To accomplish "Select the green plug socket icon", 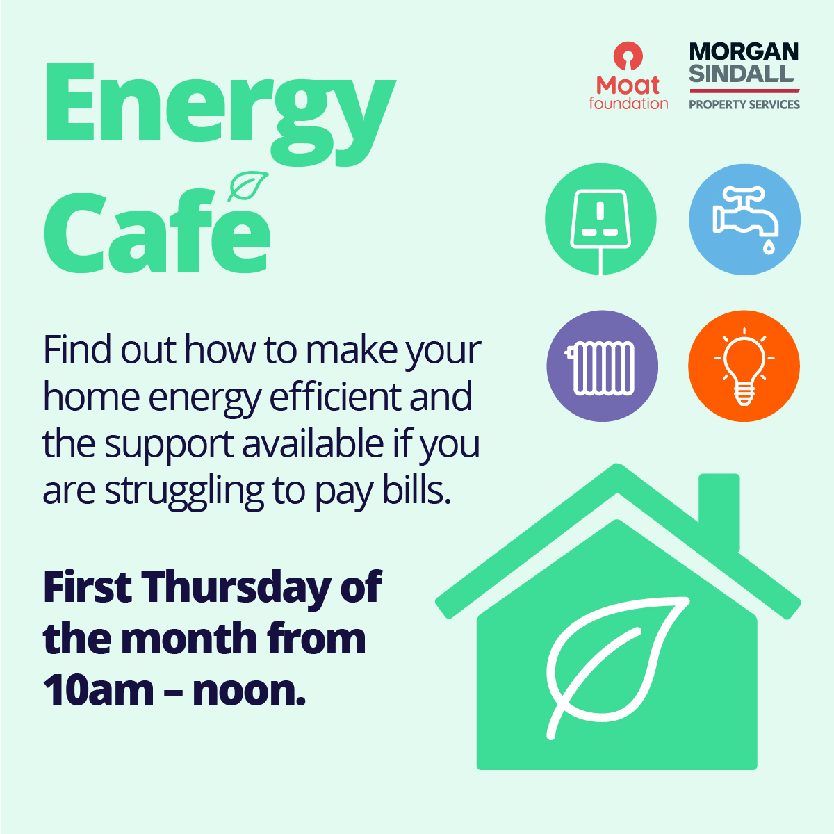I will click(x=600, y=220).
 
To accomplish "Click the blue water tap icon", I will click(x=744, y=220).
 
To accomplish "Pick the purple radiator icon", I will click(x=601, y=366).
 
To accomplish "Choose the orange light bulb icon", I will click(x=744, y=366).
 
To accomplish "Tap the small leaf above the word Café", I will click(x=248, y=186).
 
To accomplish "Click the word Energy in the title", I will click(x=219, y=111).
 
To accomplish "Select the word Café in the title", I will click(x=157, y=233).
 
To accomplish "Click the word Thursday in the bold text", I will click(x=237, y=588).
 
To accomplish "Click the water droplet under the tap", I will click(x=768, y=247).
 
